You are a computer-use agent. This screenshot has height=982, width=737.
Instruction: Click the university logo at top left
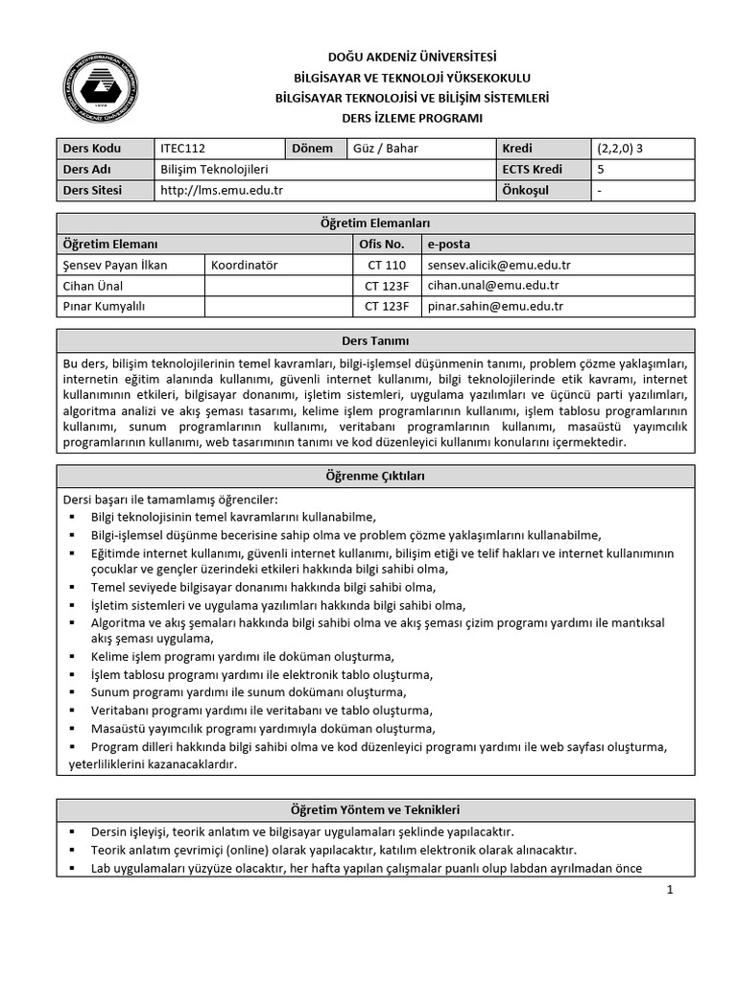click(101, 88)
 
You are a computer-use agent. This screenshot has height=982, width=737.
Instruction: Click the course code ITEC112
click(183, 149)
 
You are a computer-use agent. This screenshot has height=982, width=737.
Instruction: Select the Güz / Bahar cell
click(386, 149)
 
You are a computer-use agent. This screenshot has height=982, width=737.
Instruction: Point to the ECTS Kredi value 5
click(601, 170)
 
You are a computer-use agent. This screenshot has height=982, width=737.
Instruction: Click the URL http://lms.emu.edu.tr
click(222, 191)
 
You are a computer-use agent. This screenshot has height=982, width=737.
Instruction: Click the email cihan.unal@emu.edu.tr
click(493, 286)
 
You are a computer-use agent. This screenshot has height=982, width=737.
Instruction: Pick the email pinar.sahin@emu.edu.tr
click(495, 307)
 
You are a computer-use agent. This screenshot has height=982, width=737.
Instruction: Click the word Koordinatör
click(245, 265)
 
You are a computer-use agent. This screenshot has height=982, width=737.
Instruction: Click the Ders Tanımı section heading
click(376, 340)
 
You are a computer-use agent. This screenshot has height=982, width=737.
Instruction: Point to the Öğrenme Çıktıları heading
click(376, 476)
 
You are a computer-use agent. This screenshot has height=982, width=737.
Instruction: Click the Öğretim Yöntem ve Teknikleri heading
click(376, 810)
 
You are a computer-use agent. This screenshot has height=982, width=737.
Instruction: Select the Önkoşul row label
click(525, 191)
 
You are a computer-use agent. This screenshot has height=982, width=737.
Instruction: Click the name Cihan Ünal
click(93, 286)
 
